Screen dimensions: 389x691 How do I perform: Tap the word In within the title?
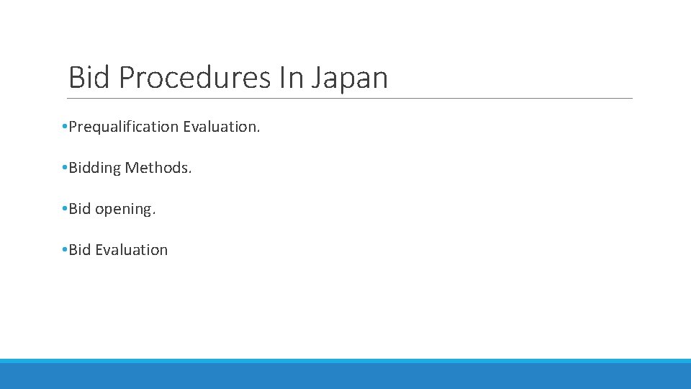pyautogui.click(x=292, y=77)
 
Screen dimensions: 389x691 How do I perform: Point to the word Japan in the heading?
pyautogui.click(x=350, y=77)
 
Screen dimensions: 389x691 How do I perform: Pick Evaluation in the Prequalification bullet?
pyautogui.click(x=220, y=127)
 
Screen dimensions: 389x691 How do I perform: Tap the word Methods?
pyautogui.click(x=158, y=168)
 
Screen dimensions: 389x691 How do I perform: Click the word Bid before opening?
pyautogui.click(x=80, y=209)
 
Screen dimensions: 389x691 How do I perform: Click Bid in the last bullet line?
pyautogui.click(x=80, y=250)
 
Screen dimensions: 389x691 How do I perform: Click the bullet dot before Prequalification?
pyautogui.click(x=65, y=128)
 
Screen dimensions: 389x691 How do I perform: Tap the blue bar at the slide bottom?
pyautogui.click(x=345, y=375)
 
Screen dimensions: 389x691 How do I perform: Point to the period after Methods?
pyautogui.click(x=190, y=172)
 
